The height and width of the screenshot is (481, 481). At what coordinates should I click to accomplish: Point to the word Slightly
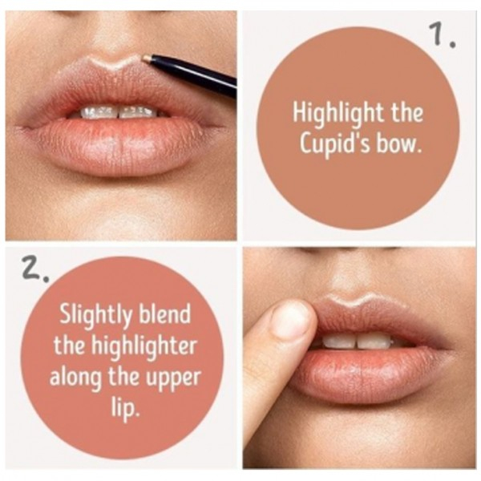tap(95, 316)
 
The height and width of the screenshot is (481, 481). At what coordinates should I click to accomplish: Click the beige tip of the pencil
tap(148, 59)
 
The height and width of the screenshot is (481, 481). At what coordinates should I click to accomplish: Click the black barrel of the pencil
tap(194, 75)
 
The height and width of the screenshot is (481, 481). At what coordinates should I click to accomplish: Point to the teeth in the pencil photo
tap(119, 112)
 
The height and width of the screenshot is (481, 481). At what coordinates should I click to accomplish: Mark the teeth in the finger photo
tap(358, 341)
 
